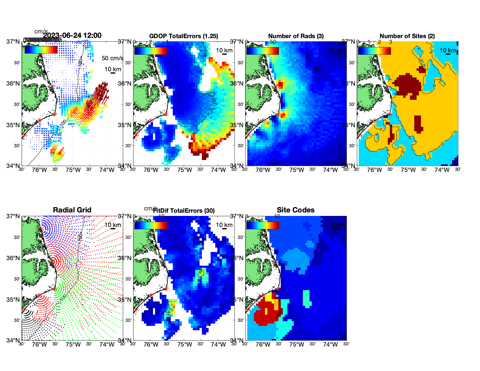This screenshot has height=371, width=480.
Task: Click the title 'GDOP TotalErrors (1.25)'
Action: coord(184,36)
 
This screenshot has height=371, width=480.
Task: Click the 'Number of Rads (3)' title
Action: coord(296,36)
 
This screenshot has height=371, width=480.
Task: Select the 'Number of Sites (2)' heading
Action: coord(407,36)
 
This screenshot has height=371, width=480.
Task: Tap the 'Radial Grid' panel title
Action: coord(72,210)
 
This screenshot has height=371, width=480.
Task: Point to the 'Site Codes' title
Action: coord(296,210)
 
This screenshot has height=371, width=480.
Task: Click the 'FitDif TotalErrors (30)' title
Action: coord(184,211)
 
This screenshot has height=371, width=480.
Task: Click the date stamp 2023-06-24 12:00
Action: coord(72,35)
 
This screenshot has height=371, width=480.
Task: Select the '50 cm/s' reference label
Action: coord(112,58)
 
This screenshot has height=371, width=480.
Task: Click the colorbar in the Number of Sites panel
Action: coord(374,51)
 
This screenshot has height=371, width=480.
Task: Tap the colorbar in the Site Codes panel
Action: coord(262,225)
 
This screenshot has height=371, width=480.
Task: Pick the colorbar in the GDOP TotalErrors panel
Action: coord(151,51)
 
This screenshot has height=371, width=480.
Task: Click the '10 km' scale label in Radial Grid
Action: coord(113,225)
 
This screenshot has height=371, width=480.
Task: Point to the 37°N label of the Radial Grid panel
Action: coord(13,216)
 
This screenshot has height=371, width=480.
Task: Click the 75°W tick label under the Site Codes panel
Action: coord(296,345)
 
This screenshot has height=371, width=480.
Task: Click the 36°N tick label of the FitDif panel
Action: coord(125,258)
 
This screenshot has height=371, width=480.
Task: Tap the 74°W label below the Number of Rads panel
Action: coord(330,170)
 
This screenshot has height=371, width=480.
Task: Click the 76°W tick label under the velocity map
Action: coord(39,170)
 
